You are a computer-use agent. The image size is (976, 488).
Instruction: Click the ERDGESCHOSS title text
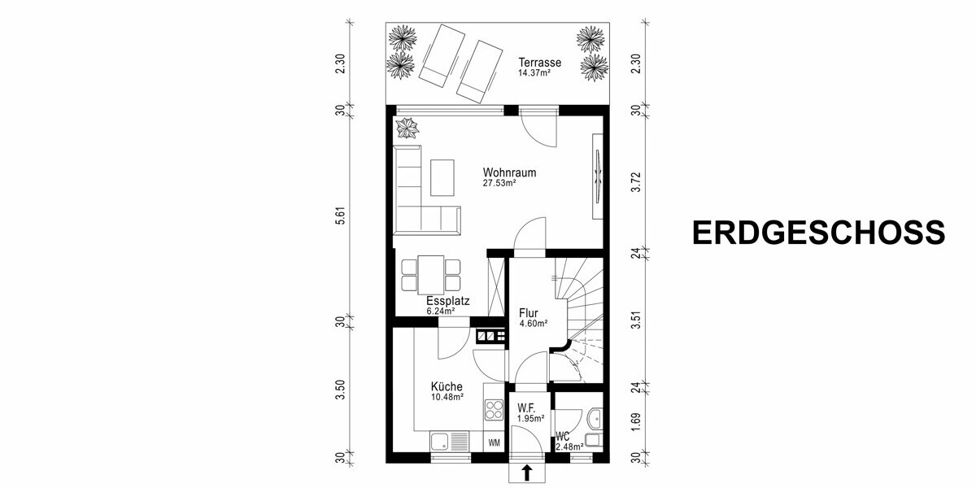[x=818, y=232]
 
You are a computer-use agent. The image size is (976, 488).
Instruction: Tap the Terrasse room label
[x=540, y=62]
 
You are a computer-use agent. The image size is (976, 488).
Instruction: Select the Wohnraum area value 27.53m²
[x=499, y=184]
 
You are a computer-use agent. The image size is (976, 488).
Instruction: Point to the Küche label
[x=447, y=387]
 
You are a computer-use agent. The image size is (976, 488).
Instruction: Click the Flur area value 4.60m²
[x=533, y=323]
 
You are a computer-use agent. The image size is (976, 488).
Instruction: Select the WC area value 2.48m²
[x=570, y=447]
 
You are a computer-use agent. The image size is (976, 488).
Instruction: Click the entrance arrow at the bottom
[x=527, y=471]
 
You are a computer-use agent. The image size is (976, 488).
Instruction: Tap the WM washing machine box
[x=494, y=443]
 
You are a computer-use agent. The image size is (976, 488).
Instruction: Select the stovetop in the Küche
[x=493, y=408]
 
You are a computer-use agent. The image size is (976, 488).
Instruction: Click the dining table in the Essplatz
[x=431, y=274]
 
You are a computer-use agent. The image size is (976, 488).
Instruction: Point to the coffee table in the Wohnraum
[x=443, y=177]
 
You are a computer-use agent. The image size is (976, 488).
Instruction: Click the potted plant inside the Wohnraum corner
[x=405, y=128]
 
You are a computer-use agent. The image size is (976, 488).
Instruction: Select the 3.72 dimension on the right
[x=636, y=181]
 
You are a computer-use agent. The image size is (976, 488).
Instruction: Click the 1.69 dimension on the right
[x=636, y=424]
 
